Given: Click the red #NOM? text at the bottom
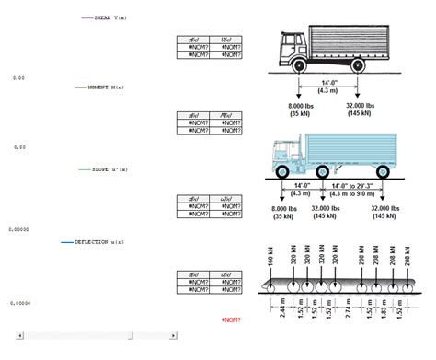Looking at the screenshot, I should [x=232, y=319].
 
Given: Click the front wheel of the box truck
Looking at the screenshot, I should [x=298, y=66].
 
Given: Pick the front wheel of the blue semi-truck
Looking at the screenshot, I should [x=283, y=171].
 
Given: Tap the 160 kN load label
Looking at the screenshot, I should [x=270, y=259].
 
